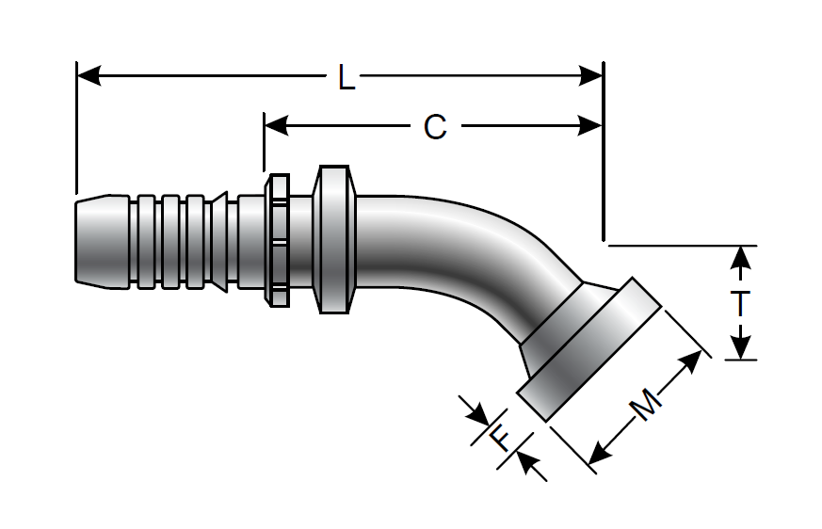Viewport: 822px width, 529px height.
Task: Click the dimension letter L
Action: [x=347, y=76]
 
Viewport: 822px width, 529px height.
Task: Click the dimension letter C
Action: [x=434, y=126]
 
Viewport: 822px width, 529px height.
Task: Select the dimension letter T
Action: [x=742, y=304]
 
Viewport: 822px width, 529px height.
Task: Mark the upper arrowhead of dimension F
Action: [x=478, y=413]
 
